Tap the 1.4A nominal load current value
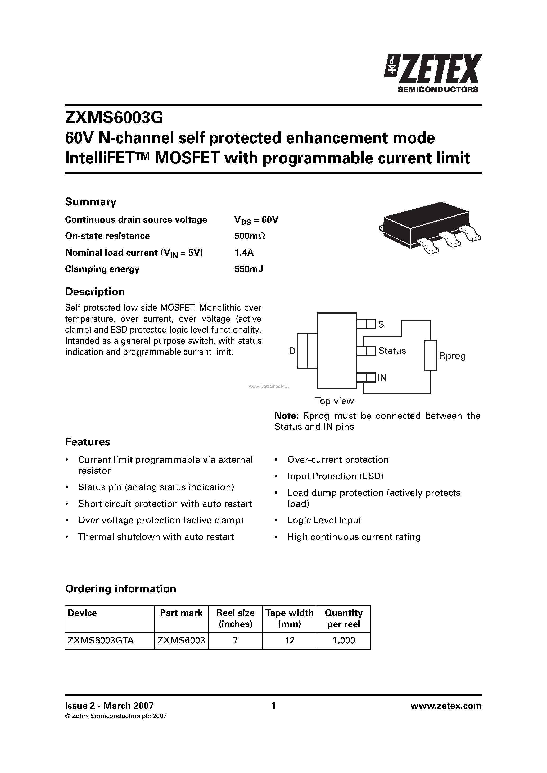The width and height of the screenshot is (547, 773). (x=244, y=252)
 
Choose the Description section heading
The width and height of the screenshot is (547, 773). (x=95, y=292)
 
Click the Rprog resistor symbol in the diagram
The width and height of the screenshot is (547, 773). (x=430, y=356)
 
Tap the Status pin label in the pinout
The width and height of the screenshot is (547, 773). (x=392, y=351)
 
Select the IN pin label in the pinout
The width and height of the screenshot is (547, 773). (x=382, y=378)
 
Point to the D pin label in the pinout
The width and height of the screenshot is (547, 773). (x=292, y=351)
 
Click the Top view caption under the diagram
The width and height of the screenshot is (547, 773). (x=334, y=401)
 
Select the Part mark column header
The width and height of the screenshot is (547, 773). (x=181, y=613)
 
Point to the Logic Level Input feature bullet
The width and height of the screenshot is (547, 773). (x=324, y=520)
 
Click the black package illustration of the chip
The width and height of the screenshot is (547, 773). (x=430, y=226)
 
